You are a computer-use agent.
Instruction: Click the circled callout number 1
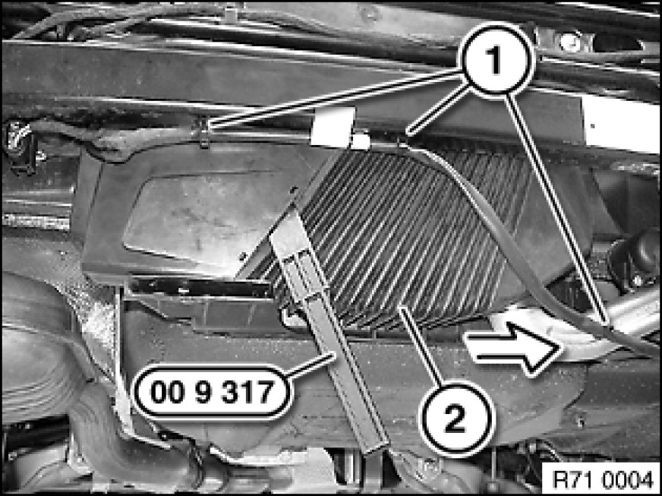click(x=498, y=59)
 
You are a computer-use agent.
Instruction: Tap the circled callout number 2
click(x=456, y=419)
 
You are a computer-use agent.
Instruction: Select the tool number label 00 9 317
click(x=213, y=392)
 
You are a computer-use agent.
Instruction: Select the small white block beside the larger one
click(x=360, y=141)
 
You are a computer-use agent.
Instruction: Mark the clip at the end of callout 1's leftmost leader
click(x=204, y=133)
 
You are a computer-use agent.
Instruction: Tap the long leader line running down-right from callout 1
click(x=557, y=210)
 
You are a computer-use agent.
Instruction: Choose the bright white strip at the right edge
click(x=621, y=125)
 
